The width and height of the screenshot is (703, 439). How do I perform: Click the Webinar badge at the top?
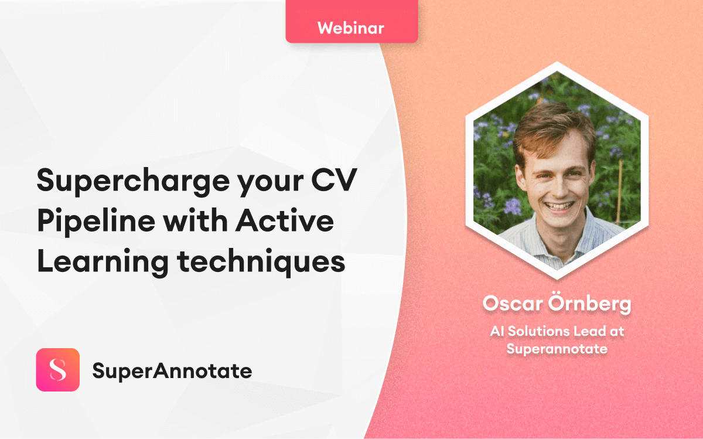pyautogui.click(x=351, y=27)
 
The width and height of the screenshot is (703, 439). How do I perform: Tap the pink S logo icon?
pyautogui.click(x=57, y=370)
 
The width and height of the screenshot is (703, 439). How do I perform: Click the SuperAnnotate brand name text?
pyautogui.click(x=172, y=370)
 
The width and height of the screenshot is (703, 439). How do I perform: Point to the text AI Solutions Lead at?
pyautogui.click(x=557, y=331)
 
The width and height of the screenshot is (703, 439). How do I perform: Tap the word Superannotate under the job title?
pyautogui.click(x=557, y=349)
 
